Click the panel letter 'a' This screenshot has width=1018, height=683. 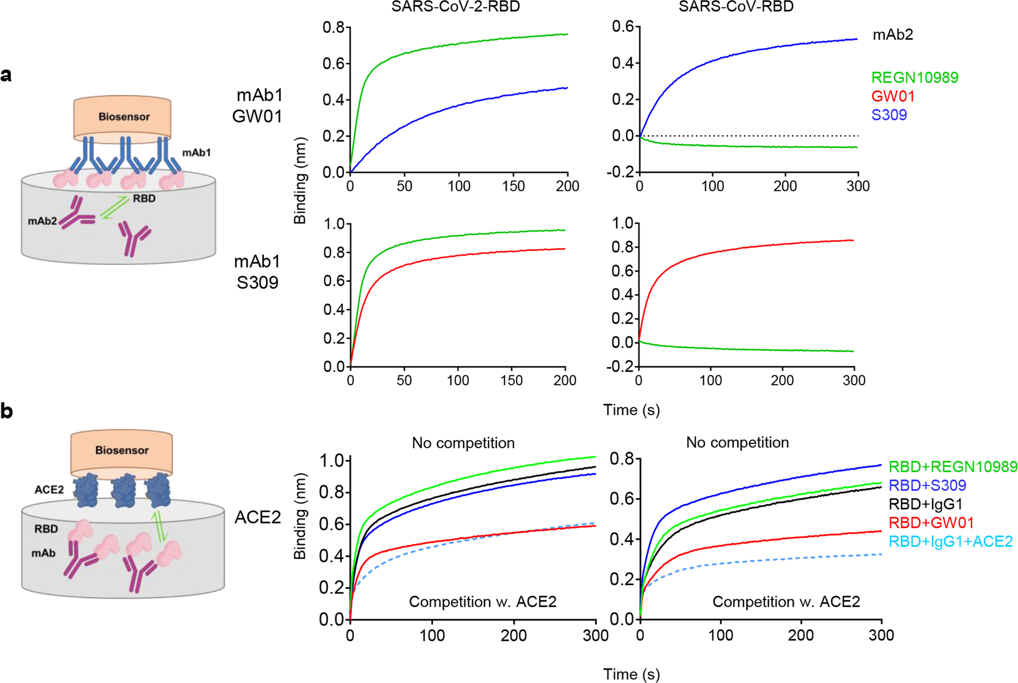click(x=6, y=75)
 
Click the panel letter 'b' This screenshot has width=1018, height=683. click(x=6, y=412)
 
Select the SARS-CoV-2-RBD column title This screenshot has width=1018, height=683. click(x=455, y=7)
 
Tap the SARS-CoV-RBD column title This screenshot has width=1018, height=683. click(x=736, y=7)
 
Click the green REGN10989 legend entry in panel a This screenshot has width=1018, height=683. click(x=914, y=78)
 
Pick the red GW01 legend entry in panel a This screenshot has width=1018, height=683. click(x=892, y=97)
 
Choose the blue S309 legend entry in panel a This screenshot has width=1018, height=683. click(x=889, y=115)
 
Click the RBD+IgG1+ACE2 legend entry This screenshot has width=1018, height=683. click(x=951, y=541)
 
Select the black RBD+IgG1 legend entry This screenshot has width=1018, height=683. click(x=925, y=504)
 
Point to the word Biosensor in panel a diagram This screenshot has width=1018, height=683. click(x=124, y=117)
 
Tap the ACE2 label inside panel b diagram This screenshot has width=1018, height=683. click(x=49, y=490)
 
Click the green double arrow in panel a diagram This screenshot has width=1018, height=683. click(x=114, y=207)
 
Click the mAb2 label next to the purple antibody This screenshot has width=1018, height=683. click(x=42, y=221)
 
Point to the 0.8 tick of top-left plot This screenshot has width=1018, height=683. click(x=335, y=27)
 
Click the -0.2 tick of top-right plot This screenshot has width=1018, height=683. click(x=623, y=172)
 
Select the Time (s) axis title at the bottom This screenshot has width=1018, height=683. click(x=631, y=674)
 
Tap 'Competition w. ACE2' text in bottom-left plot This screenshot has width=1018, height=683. click(x=482, y=602)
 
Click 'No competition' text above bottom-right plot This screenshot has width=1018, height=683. click(x=737, y=443)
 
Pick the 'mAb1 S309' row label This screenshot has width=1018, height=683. click(x=257, y=272)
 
